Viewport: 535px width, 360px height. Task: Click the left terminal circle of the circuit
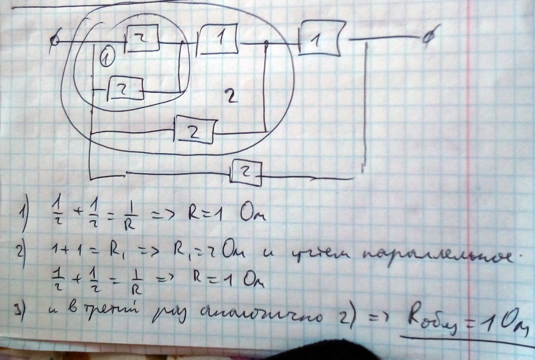[54, 41]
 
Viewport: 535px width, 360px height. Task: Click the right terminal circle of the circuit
[427, 39]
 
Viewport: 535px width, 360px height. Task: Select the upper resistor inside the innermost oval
[143, 38]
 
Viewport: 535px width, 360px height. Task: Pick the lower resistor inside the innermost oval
[126, 89]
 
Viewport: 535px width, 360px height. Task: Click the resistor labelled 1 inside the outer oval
[217, 40]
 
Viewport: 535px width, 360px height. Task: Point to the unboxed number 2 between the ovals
[231, 97]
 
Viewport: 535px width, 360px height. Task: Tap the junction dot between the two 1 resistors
[266, 42]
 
